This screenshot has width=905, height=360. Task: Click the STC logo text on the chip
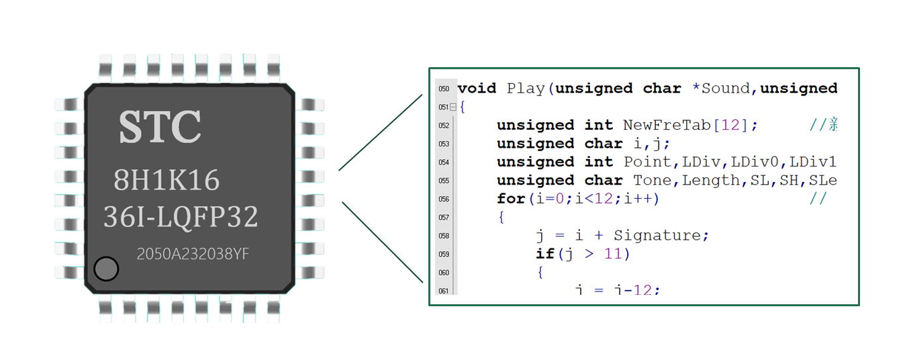(x=160, y=126)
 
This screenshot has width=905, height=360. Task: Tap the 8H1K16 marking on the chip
(x=166, y=180)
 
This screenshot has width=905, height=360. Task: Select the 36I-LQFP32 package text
(x=181, y=217)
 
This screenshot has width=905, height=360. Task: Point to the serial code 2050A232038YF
(x=193, y=254)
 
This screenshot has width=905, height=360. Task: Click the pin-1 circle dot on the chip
(x=106, y=269)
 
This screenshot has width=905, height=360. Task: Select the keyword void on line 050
(x=477, y=89)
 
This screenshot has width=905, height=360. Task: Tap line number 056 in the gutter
(x=444, y=199)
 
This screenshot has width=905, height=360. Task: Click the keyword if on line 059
(x=545, y=254)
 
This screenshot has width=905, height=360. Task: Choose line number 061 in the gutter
(x=444, y=291)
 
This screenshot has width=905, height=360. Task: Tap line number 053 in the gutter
(x=444, y=144)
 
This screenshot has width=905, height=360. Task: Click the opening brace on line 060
(x=539, y=273)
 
